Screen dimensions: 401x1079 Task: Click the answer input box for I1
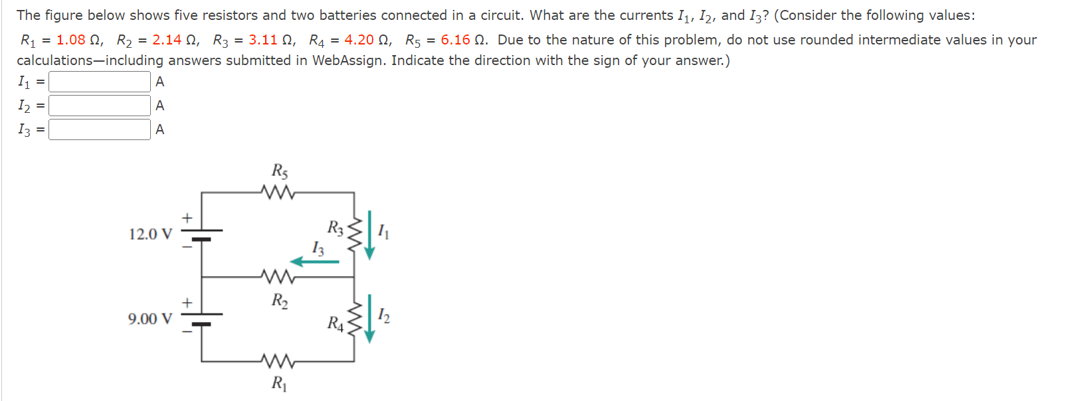(100, 82)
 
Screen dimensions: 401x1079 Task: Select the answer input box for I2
(100, 106)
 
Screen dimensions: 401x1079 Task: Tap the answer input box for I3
(100, 129)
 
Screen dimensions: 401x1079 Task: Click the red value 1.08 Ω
(79, 40)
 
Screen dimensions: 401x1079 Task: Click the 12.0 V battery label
(150, 234)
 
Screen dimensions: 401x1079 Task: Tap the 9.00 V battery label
(150, 319)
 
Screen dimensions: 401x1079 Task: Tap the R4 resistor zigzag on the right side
(354, 319)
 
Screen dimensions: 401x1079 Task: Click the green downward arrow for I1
(369, 235)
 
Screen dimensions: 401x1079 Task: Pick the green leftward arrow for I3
(315, 262)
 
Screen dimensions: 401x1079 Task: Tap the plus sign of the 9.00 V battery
(187, 303)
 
